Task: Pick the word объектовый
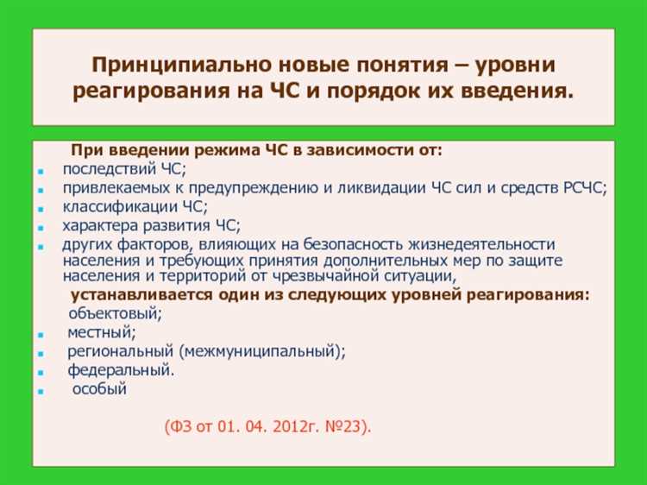click(109, 313)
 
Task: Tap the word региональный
click(121, 351)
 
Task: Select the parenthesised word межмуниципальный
click(261, 351)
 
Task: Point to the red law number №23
click(344, 426)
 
